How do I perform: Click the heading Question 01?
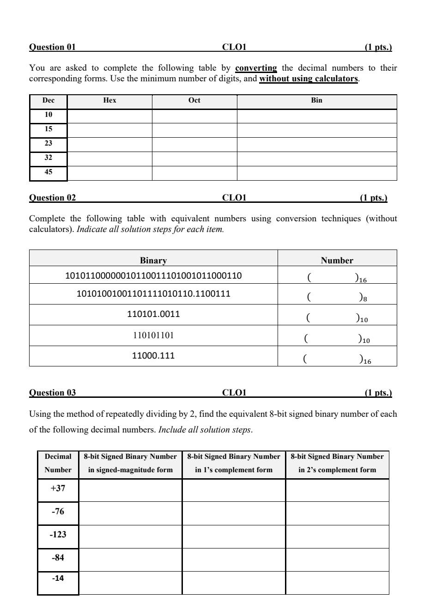coord(52,47)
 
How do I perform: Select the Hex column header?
coord(109,100)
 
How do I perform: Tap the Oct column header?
coord(194,100)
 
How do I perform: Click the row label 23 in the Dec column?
coord(48,143)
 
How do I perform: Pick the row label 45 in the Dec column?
coord(48,172)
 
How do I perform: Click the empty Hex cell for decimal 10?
coord(109,116)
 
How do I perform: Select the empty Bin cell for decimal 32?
coord(316,158)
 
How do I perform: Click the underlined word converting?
coord(256,68)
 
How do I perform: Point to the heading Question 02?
coord(52,198)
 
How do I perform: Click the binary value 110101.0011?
coord(153,314)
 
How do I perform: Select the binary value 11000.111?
coord(153,356)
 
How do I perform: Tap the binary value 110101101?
coord(153,335)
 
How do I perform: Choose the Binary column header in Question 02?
coord(153,261)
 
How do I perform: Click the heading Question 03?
coord(52,393)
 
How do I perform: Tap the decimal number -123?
coord(58,535)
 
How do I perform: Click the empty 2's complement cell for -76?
coord(337,513)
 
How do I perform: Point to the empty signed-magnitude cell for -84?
coord(130,559)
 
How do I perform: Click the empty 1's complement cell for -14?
coord(234,583)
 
